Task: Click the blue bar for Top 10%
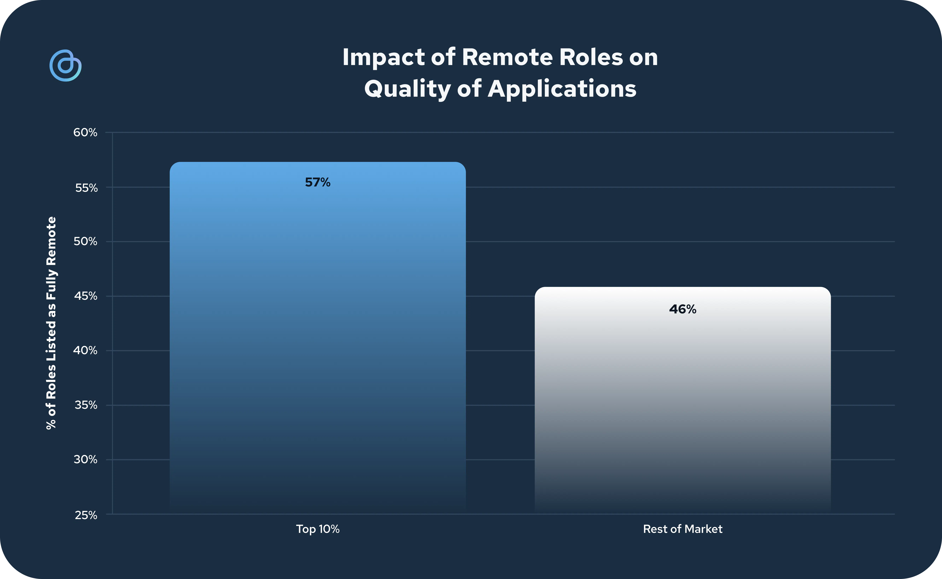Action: point(318,337)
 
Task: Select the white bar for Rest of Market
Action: point(683,400)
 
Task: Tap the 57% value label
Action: point(318,182)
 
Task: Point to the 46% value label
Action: point(683,309)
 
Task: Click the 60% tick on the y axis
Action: point(85,133)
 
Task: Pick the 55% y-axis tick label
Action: point(86,188)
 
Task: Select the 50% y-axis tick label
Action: point(85,241)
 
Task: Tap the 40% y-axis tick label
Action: point(85,350)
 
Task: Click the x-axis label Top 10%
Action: point(318,529)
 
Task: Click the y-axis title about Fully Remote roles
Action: point(51,323)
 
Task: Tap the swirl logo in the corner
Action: point(65,65)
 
